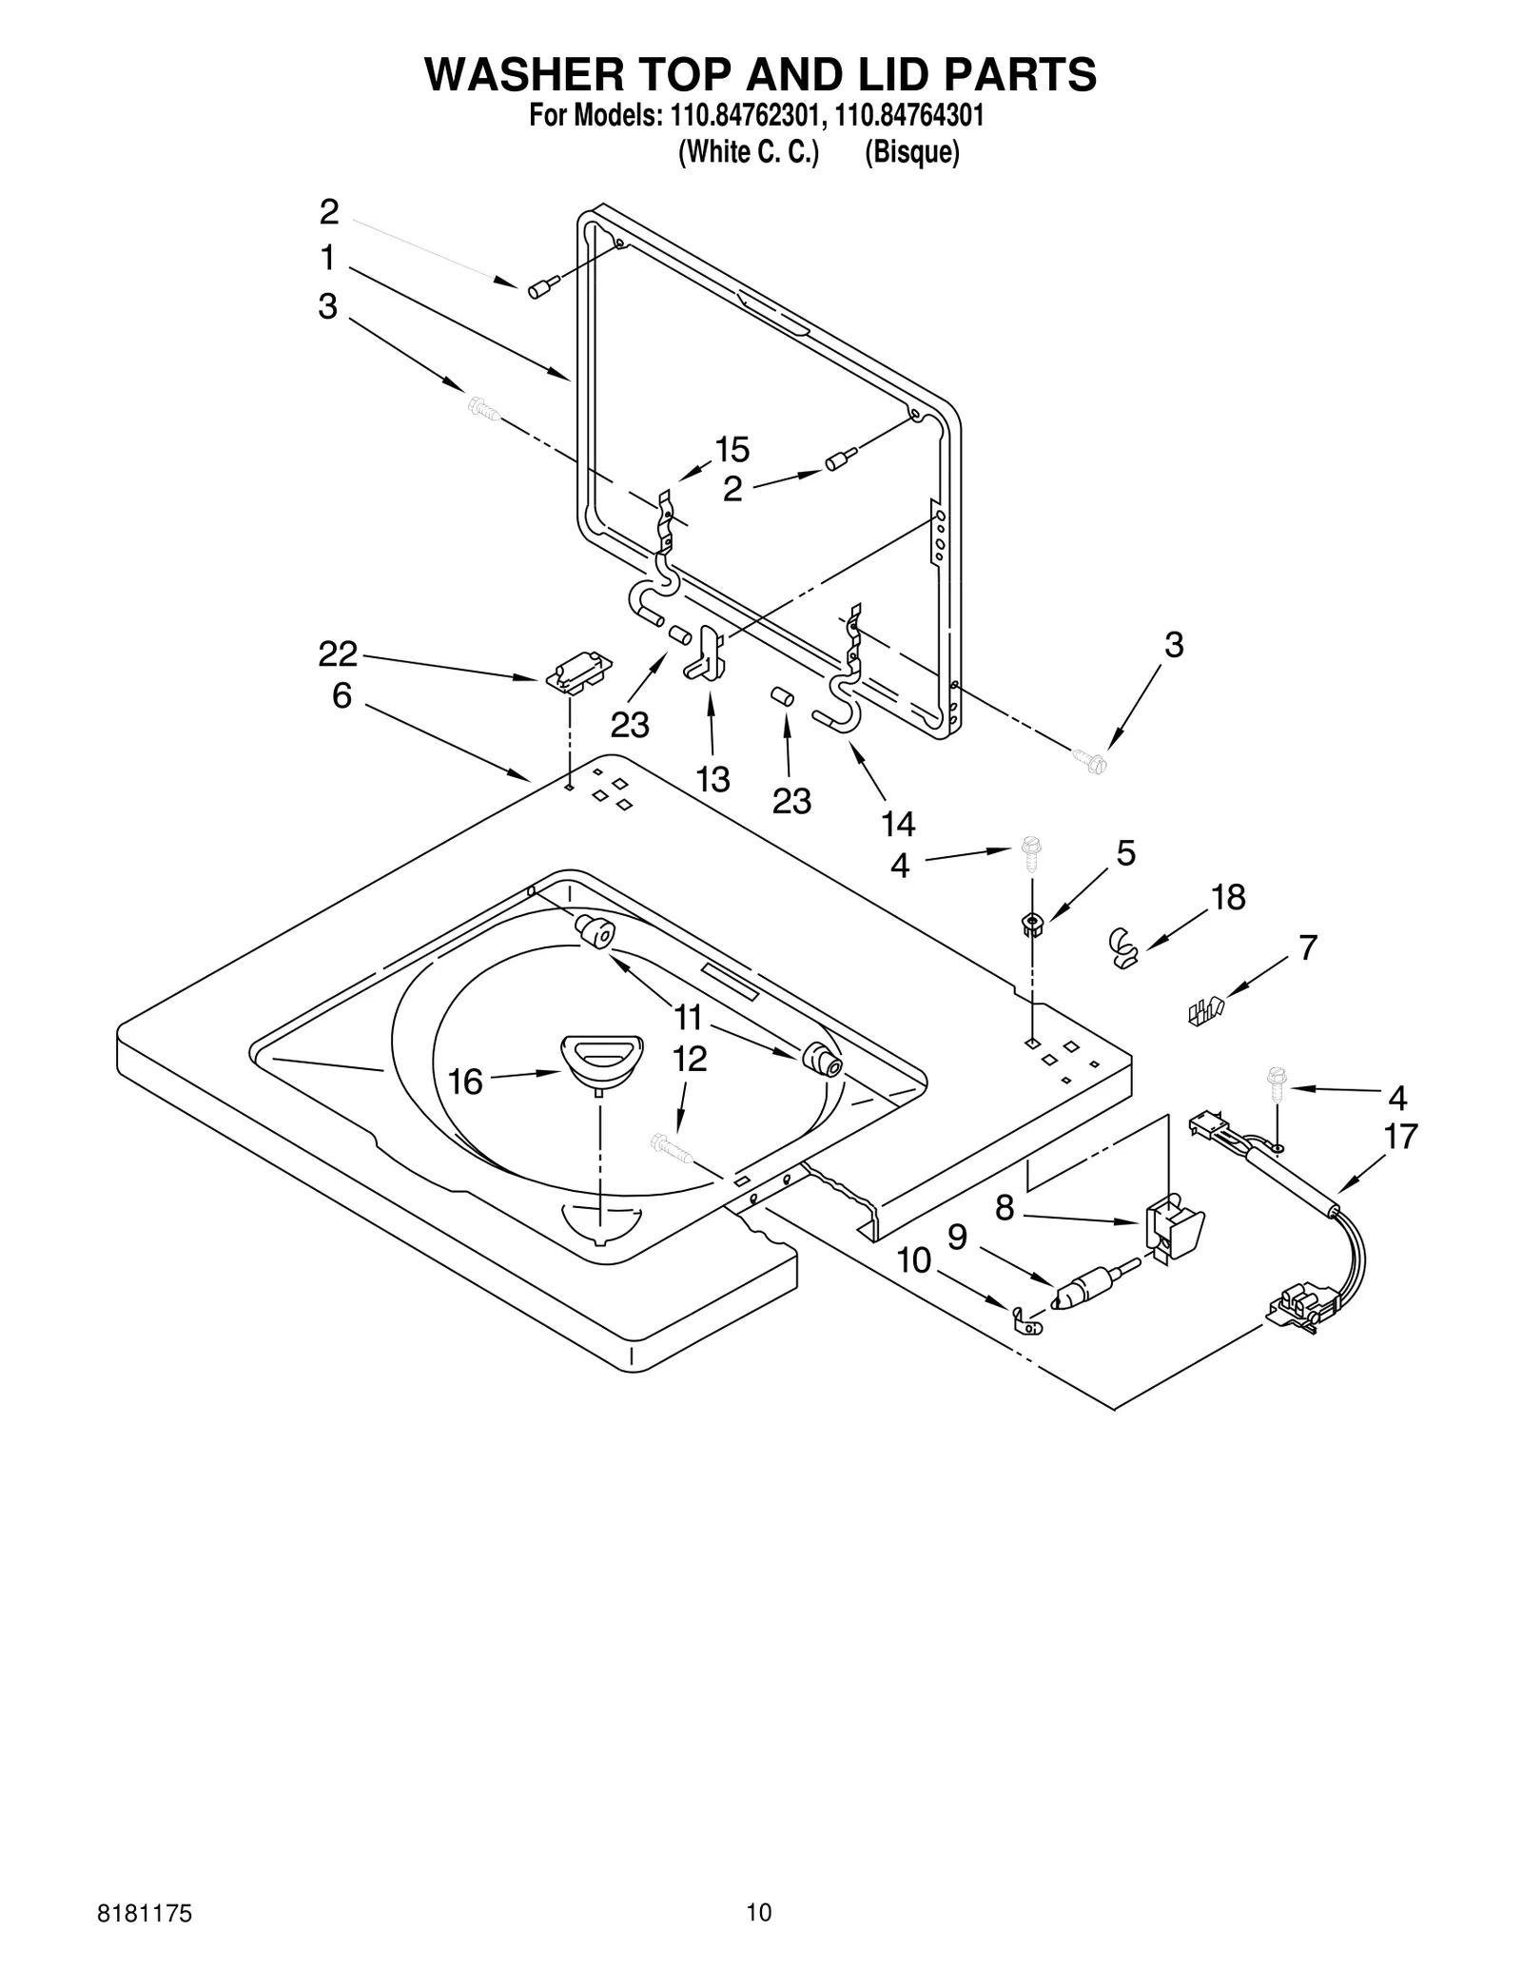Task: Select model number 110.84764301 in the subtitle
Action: [908, 116]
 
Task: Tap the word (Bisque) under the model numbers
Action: [911, 152]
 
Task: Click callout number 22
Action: [338, 653]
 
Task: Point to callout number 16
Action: [465, 1082]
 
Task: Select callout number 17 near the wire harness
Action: [1401, 1136]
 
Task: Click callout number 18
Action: [1228, 897]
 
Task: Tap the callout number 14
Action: [898, 824]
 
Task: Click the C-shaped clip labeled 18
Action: [1124, 948]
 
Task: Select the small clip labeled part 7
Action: [1204, 1011]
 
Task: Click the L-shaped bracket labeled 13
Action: [705, 653]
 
